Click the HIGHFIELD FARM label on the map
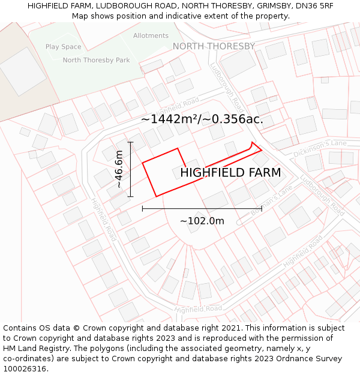230,173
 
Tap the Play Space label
63,47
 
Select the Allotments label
151,36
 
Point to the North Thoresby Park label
96,60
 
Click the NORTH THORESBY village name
214,46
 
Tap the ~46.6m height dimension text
119,169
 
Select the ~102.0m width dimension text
202,221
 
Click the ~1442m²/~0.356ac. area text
202,119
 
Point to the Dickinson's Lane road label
320,149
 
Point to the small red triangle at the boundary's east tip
256,148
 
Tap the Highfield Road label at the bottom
198,308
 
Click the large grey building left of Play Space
22,71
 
